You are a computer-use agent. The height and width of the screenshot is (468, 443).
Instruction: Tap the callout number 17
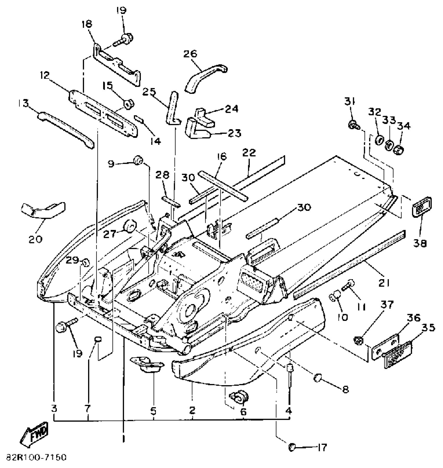pyautogui.click(x=322, y=448)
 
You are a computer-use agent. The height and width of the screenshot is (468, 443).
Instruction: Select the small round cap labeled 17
pyautogui.click(x=292, y=447)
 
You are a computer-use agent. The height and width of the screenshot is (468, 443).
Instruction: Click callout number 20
pyautogui.click(x=35, y=238)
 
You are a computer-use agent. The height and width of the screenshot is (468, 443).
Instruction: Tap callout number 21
pyautogui.click(x=384, y=282)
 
